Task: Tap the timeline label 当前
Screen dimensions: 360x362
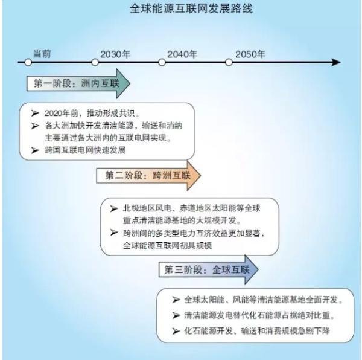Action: (x=42, y=53)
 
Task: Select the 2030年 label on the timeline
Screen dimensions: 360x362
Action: (x=115, y=54)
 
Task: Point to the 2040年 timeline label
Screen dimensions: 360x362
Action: (x=182, y=54)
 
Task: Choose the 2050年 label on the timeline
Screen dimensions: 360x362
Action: (x=250, y=54)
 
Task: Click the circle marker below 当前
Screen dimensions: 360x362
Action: (x=28, y=62)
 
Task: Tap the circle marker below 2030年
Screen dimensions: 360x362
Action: (x=95, y=62)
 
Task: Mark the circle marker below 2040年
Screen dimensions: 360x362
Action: (x=162, y=62)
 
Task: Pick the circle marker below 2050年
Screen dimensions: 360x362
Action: (x=229, y=62)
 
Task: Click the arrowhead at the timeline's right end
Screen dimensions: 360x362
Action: (x=336, y=62)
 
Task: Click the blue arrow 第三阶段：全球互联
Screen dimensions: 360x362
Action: (x=207, y=269)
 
